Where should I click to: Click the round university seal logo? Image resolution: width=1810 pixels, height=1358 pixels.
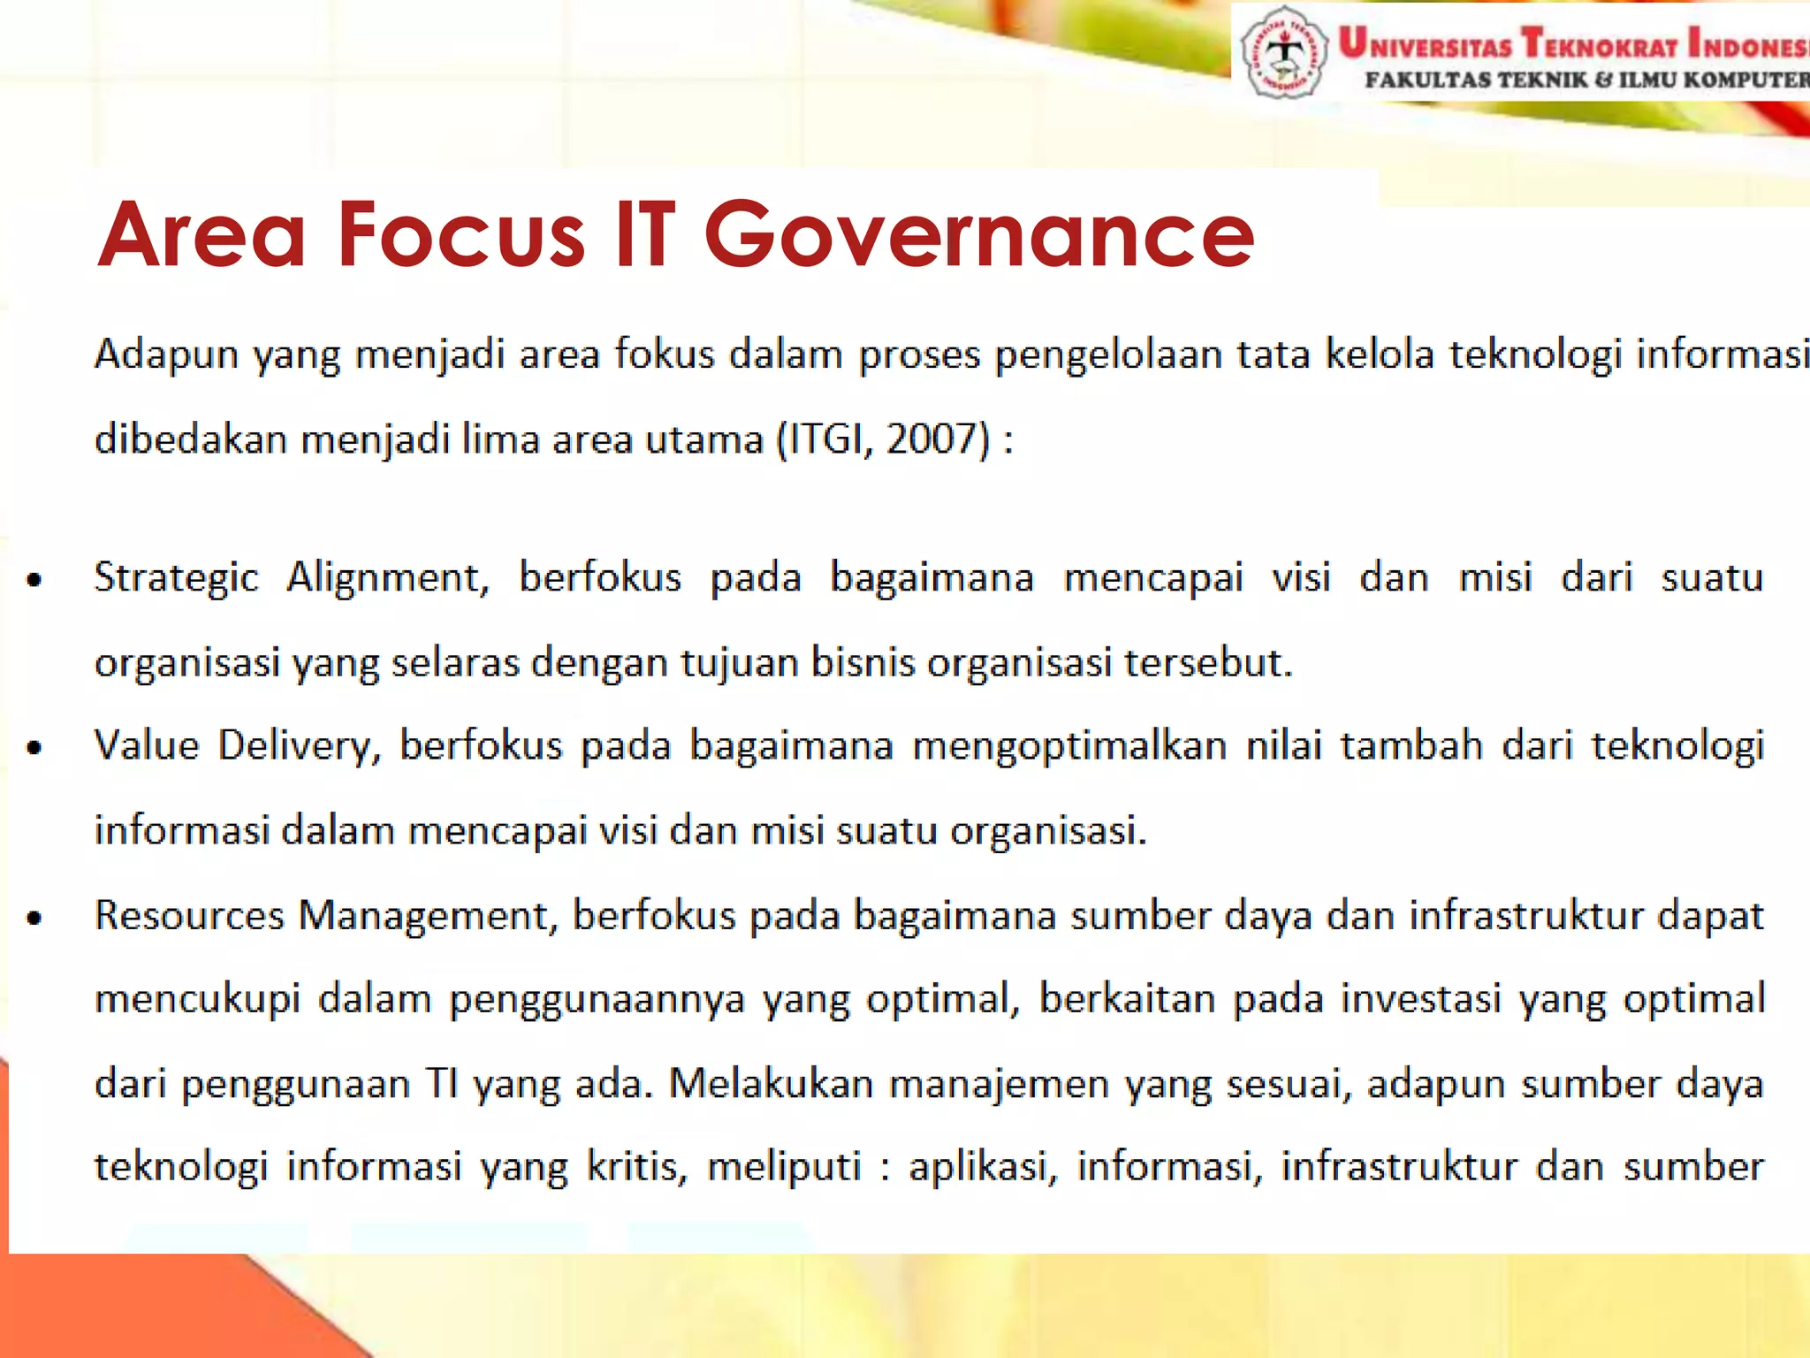click(1283, 52)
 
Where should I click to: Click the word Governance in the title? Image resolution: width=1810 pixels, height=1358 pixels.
click(978, 235)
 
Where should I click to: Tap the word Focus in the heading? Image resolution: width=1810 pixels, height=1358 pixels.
click(460, 235)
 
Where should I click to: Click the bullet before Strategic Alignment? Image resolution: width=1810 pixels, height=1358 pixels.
click(34, 581)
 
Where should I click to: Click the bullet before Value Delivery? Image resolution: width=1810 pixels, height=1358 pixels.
click(34, 749)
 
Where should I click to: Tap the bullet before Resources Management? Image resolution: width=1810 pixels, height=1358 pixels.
click(34, 918)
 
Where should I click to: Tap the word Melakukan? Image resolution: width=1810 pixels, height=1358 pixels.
click(771, 1084)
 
